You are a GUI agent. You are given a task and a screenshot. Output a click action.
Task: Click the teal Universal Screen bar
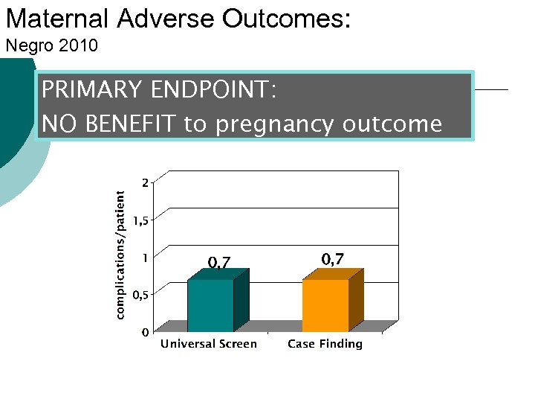point(210,305)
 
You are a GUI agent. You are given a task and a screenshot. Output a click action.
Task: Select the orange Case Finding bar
point(325,305)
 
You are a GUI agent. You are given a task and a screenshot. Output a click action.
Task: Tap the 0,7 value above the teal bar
point(219,262)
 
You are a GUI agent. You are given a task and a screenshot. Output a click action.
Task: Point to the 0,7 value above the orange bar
point(332,259)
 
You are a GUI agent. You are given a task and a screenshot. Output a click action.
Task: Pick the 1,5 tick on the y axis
point(141,220)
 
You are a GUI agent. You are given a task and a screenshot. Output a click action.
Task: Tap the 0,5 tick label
point(141,294)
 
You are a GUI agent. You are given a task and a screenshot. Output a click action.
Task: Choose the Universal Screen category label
point(209,344)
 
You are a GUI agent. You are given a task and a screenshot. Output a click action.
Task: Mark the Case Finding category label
point(325,344)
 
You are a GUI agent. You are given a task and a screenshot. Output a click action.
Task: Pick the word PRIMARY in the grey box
point(92,91)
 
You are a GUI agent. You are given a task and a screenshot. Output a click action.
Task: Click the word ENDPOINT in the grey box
point(213,91)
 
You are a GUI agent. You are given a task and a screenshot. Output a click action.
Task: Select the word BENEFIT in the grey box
point(131,124)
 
